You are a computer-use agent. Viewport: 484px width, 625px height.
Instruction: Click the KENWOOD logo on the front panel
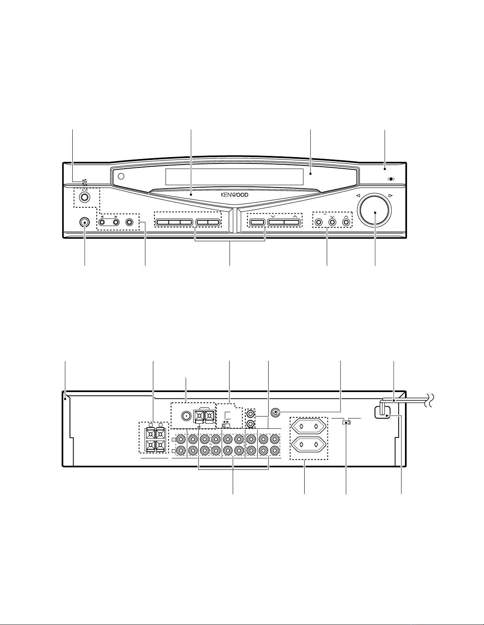tap(235, 195)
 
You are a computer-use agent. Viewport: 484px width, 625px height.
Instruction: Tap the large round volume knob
tap(375, 212)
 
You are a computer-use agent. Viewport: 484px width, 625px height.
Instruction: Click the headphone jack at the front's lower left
tap(84, 222)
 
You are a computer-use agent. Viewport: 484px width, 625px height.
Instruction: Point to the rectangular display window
tap(234, 177)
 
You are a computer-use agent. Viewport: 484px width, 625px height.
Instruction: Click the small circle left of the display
tap(121, 177)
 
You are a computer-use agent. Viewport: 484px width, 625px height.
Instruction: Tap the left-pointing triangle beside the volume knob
tap(358, 195)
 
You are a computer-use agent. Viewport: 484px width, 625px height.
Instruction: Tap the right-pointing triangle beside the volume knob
tap(390, 195)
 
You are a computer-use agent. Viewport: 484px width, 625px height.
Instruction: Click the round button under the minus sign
tap(318, 222)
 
